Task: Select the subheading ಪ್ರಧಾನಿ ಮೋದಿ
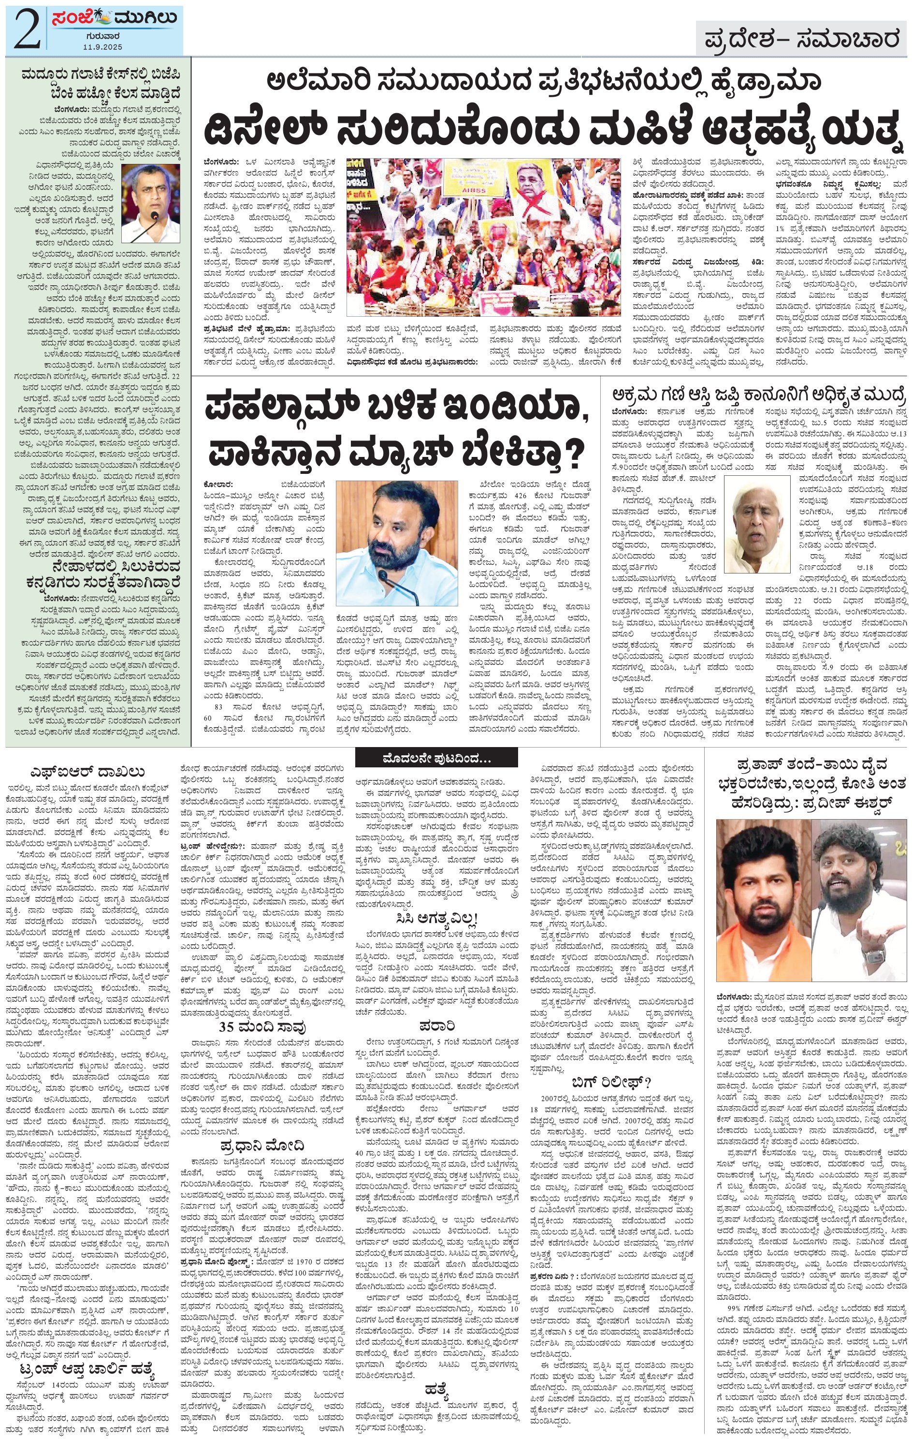pyautogui.click(x=261, y=1145)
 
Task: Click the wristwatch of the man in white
pyautogui.click(x=872, y=955)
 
